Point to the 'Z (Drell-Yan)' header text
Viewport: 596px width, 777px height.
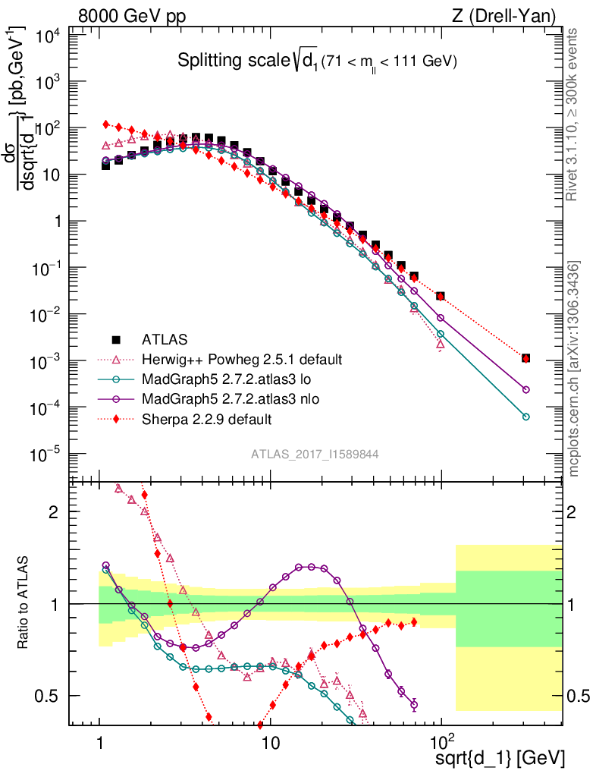tap(512, 15)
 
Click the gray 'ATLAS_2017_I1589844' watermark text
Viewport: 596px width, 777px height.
tap(315, 454)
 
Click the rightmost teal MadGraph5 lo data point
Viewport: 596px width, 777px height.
tap(526, 417)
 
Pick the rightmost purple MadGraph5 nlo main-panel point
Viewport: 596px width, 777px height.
tap(526, 389)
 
